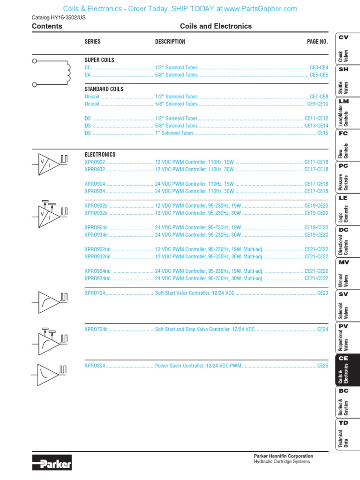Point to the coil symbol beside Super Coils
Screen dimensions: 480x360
(52, 72)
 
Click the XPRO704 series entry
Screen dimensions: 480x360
(95, 293)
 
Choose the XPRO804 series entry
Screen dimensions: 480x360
(95, 366)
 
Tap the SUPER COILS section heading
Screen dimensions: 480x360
(99, 60)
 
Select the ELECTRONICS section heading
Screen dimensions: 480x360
(100, 154)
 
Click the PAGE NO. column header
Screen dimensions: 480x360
(317, 42)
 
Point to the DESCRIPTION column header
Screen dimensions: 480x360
(170, 42)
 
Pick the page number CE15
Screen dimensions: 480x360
(322, 133)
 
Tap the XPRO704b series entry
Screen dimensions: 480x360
(96, 330)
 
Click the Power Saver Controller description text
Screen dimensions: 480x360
(198, 366)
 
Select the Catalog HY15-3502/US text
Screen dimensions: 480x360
(59, 18)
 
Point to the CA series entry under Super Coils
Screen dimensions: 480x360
(88, 75)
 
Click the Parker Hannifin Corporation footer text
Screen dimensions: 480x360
(283, 456)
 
